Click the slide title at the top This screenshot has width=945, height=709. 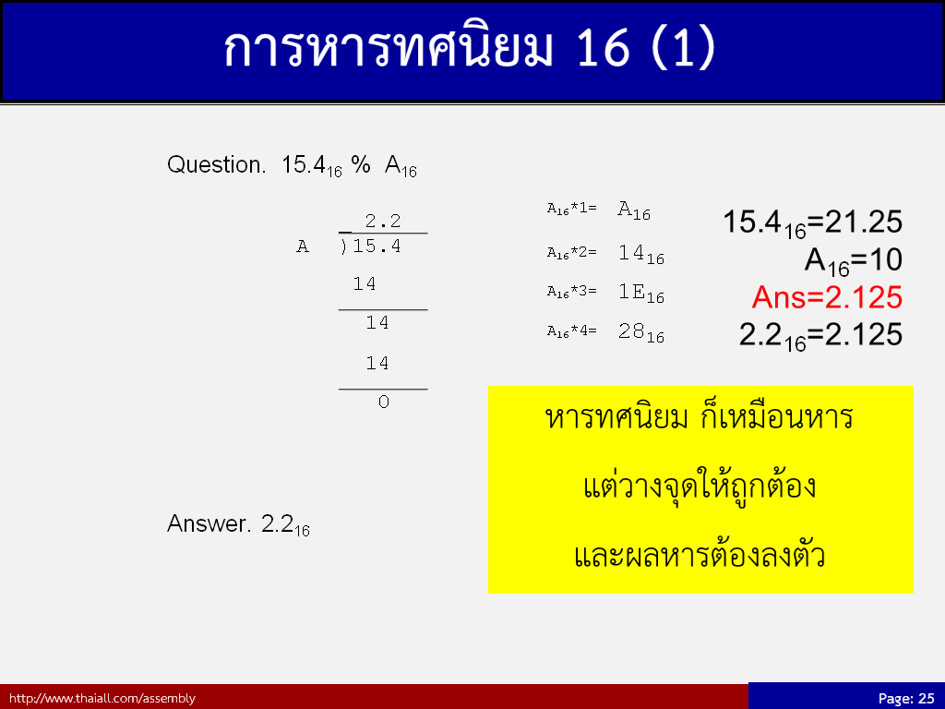pyautogui.click(x=470, y=47)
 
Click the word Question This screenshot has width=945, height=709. pyautogui.click(x=216, y=164)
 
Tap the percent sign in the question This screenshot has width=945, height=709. pyautogui.click(x=361, y=164)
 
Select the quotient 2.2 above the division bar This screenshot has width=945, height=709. pyautogui.click(x=383, y=221)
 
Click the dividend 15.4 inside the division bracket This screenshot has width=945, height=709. pyautogui.click(x=377, y=246)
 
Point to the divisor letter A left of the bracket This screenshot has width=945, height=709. pyautogui.click(x=303, y=246)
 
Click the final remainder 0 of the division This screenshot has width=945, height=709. pyautogui.click(x=384, y=403)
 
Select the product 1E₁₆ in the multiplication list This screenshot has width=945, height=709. pyautogui.click(x=641, y=293)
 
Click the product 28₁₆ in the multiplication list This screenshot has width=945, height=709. pyautogui.click(x=641, y=332)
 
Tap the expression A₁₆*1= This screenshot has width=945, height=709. pyautogui.click(x=572, y=209)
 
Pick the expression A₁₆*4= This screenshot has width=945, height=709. pyautogui.click(x=572, y=331)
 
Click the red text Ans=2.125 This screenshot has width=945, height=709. pyautogui.click(x=827, y=297)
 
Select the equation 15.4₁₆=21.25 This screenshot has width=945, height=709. pyautogui.click(x=812, y=223)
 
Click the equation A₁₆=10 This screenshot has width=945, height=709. pyautogui.click(x=854, y=261)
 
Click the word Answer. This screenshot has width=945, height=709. pyautogui.click(x=209, y=524)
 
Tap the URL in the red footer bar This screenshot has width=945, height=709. pyautogui.click(x=102, y=698)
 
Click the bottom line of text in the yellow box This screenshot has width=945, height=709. pyautogui.click(x=700, y=555)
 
